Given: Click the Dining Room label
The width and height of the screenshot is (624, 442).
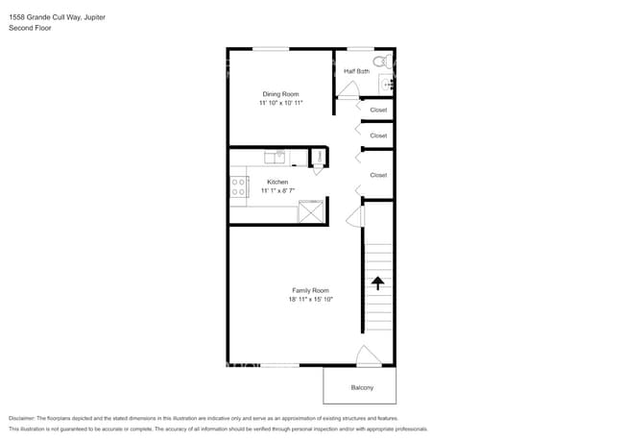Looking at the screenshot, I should pos(281,94).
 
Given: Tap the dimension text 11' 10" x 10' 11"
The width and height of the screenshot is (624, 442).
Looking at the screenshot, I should pos(281,103).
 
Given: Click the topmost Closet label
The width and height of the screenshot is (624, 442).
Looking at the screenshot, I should pos(378,110).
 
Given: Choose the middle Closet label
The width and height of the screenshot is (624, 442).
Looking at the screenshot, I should pos(378,135).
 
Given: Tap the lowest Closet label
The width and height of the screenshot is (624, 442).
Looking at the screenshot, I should pos(378,175).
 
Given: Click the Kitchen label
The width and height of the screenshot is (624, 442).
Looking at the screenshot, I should pos(277,182).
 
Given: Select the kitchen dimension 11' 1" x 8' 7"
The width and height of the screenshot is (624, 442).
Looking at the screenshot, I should pos(277,190).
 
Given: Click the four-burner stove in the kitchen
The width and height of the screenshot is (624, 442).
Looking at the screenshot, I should pos(238,186).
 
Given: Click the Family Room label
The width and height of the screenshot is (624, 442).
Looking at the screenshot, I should pos(310,290).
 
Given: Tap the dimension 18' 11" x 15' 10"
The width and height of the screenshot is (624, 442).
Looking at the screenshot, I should pos(310,299).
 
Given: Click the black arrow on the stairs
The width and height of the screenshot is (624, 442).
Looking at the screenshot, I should pos(377,282).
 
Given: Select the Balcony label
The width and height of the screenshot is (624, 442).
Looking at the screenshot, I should pos(362,387).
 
